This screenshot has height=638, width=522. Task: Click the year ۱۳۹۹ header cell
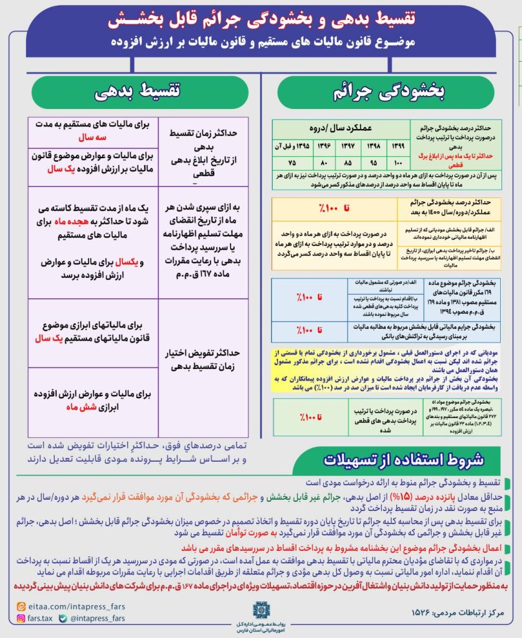394,146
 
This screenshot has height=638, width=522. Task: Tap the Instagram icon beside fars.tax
18,619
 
